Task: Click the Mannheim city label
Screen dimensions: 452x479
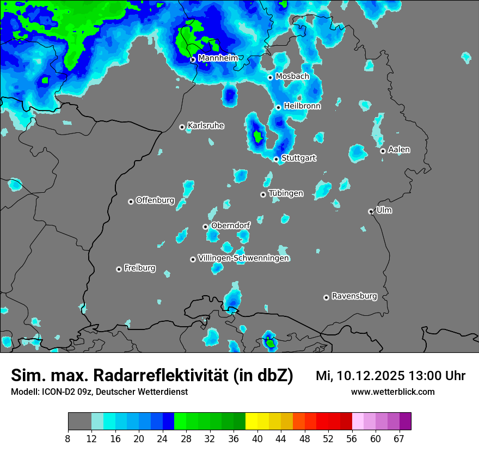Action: (218, 58)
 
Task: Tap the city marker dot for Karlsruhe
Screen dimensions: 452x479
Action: (182, 127)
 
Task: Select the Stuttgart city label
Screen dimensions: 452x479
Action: (298, 158)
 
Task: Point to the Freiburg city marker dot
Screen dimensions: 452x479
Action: (119, 269)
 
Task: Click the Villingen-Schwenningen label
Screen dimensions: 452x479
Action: (243, 258)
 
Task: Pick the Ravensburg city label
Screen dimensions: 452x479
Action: (354, 296)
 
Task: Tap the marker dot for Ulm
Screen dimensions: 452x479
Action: (371, 211)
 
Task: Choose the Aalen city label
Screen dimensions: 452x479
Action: (399, 149)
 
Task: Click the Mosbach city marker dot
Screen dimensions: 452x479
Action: (270, 77)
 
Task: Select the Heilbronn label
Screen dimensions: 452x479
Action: (302, 106)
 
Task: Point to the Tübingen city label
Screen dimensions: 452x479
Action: (286, 193)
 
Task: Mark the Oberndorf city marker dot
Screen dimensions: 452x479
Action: (205, 227)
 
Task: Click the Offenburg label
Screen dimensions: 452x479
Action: (155, 200)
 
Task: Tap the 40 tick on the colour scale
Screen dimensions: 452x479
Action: (257, 438)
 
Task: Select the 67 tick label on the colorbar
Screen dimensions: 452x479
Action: (399, 438)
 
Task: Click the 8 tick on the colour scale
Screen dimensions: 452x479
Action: (68, 438)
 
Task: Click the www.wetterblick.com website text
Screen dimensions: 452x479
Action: (392, 392)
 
